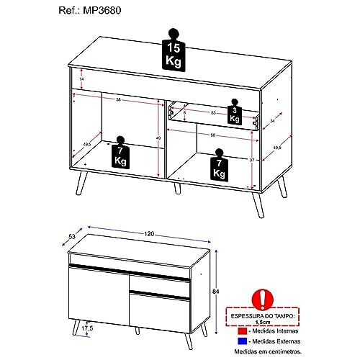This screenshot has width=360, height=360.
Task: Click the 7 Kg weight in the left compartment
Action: coord(120,155)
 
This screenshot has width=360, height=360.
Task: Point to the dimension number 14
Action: coord(81,78)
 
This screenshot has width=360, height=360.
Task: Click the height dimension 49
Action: coord(158,138)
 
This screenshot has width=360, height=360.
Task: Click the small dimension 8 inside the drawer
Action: coord(184,112)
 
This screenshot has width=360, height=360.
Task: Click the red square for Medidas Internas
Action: coord(242,327)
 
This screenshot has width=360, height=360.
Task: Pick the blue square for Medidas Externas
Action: coord(242,339)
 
